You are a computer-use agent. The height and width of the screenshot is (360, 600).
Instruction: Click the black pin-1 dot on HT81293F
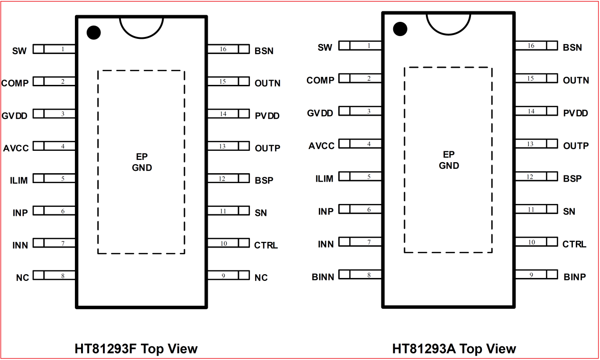pos(94,33)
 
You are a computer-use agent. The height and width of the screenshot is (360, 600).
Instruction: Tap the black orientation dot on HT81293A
pos(400,29)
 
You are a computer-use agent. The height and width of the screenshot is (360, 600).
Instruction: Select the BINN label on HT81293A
pos(323,277)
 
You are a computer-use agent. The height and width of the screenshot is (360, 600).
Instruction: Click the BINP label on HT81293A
pos(575,277)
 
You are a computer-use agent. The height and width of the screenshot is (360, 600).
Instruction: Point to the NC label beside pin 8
pos(22,278)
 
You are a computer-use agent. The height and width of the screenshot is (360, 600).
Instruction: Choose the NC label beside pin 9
pos(261,278)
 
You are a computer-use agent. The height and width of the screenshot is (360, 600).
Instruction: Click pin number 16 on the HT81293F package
pos(223,49)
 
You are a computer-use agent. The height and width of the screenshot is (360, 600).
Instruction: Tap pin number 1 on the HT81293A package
pos(369,46)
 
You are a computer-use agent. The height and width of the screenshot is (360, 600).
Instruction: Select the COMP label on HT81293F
pos(15,83)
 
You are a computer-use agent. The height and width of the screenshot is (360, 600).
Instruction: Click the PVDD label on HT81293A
pos(576,113)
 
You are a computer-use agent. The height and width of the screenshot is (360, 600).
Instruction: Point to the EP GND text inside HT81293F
pos(142,162)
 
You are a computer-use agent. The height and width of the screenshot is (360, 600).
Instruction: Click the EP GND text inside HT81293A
pos(449,160)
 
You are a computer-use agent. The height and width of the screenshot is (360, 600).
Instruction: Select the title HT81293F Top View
pos(136,349)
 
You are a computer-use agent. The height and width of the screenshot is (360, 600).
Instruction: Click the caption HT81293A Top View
pos(454,349)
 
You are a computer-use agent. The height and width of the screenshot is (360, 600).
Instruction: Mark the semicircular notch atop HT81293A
pos(448,24)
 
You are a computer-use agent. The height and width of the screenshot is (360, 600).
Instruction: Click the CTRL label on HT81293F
pos(266,245)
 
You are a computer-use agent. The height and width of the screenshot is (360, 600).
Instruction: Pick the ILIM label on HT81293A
pos(324,179)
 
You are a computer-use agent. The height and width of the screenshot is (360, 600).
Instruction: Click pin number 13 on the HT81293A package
pos(530,144)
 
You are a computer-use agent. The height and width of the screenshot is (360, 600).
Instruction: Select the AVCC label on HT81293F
pos(16,148)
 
